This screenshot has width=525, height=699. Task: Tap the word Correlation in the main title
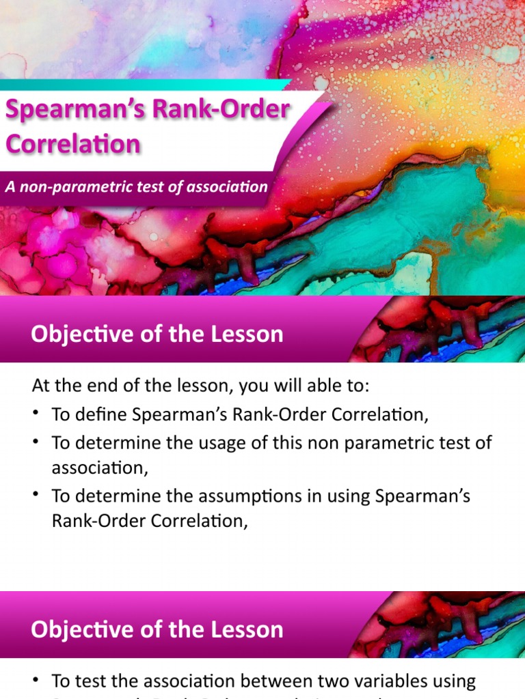point(73,144)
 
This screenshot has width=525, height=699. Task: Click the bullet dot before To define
point(36,414)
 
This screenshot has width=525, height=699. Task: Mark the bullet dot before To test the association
point(36,681)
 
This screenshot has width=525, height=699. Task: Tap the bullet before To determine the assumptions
point(36,496)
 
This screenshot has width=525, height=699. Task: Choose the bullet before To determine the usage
point(36,442)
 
